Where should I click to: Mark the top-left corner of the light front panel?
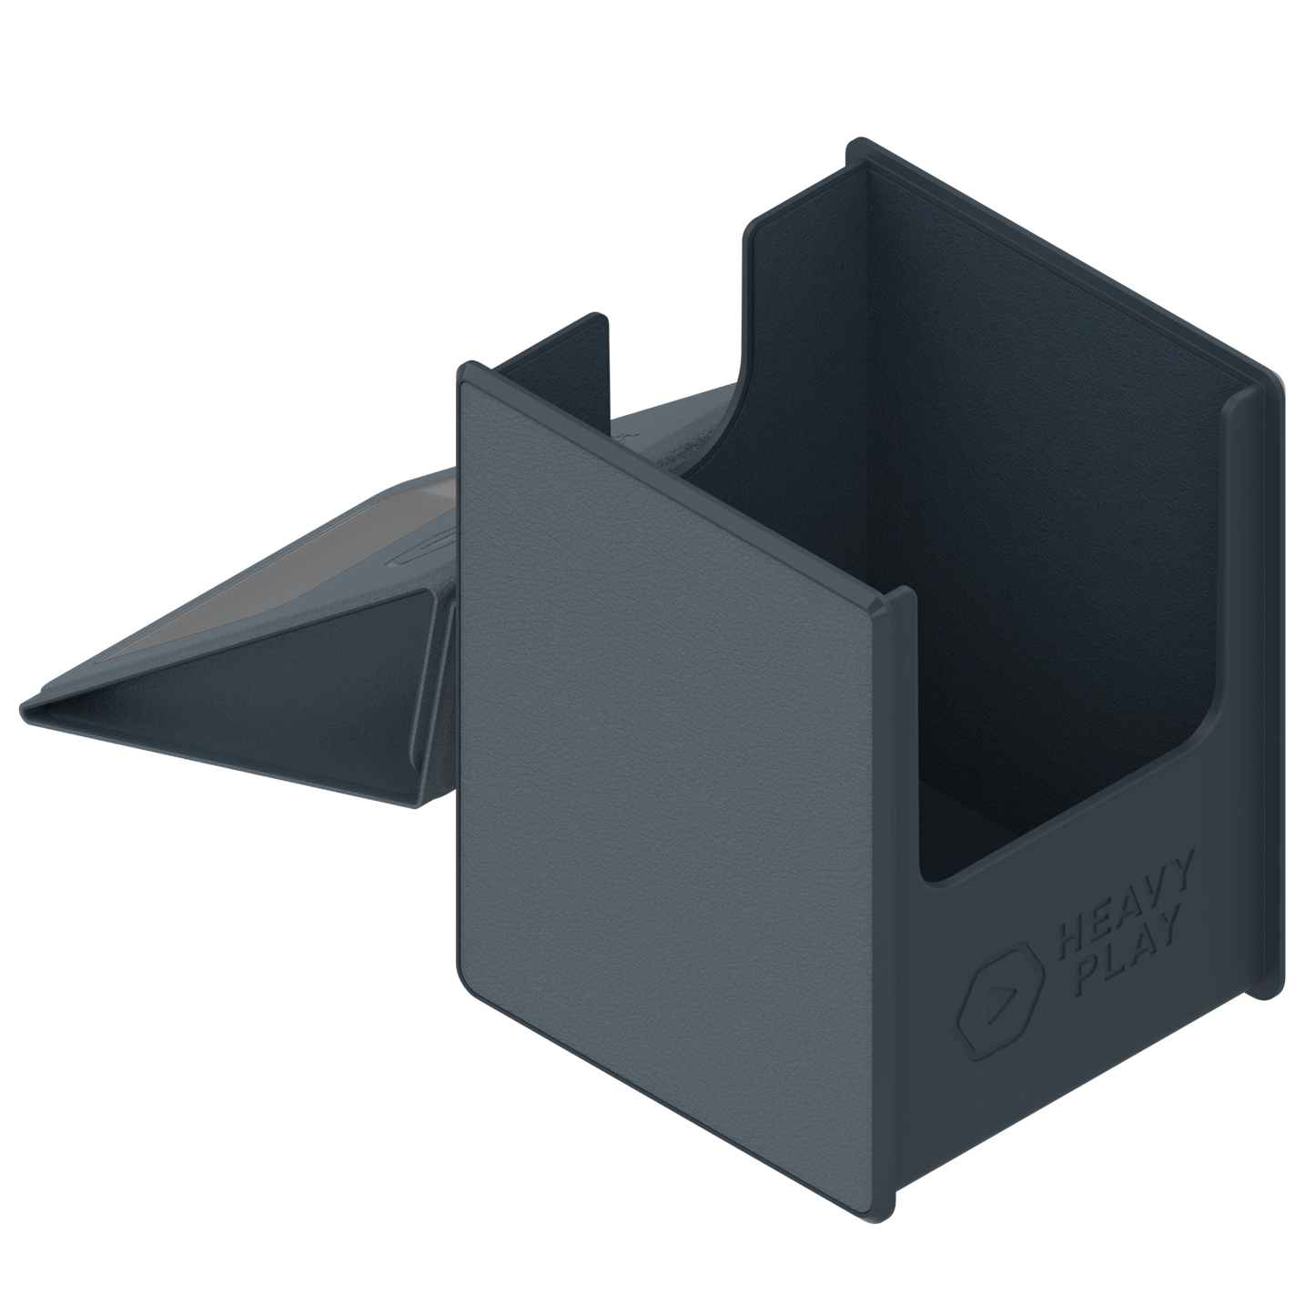(464, 382)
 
